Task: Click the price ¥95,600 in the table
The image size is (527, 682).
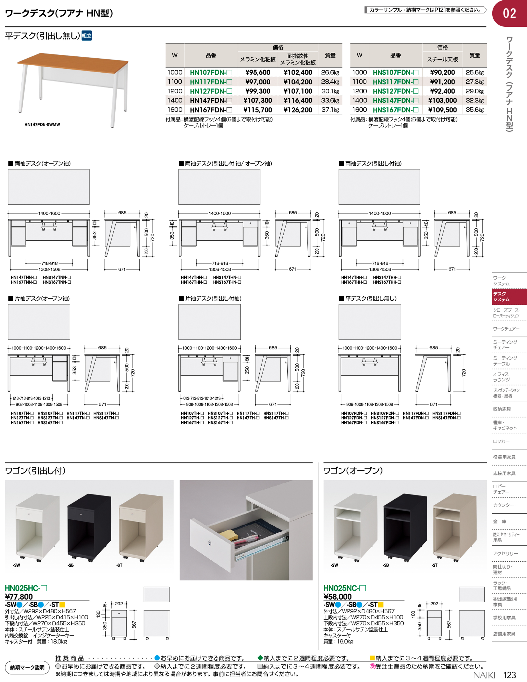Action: [258, 72]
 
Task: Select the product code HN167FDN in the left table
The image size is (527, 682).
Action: [211, 110]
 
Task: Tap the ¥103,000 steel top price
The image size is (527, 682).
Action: [442, 101]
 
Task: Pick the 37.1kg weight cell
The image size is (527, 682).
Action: [330, 110]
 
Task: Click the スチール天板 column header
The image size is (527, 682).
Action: [442, 59]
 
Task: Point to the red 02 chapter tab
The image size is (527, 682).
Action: [509, 13]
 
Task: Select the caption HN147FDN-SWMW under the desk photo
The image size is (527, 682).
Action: [42, 125]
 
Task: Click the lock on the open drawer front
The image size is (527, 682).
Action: [210, 544]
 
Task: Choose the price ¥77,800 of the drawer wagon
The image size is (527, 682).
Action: [19, 597]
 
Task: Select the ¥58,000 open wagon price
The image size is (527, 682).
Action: [337, 597]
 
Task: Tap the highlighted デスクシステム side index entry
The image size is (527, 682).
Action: [509, 297]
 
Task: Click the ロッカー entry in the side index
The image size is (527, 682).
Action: [501, 441]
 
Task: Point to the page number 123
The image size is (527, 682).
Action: [509, 675]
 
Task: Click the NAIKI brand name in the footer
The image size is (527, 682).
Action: [484, 675]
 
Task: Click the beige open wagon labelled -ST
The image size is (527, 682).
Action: [455, 528]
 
